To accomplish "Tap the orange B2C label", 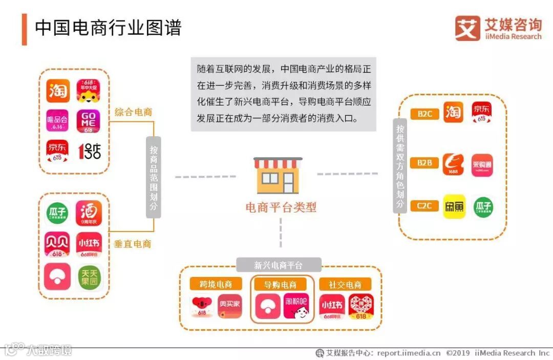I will [424, 114].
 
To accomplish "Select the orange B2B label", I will [424, 163].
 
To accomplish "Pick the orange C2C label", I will [424, 206].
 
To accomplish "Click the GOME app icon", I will [89, 121].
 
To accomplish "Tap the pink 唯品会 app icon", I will [57, 121].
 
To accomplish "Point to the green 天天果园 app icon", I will [89, 277].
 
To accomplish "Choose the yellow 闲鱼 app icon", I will [454, 206].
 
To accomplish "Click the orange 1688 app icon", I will [453, 164].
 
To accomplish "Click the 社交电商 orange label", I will [345, 285].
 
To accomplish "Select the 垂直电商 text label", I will [132, 244].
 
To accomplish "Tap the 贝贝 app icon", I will [57, 245].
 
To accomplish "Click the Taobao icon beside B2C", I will [453, 113].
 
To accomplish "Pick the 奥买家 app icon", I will [229, 306].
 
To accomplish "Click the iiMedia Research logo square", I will [467, 28].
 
